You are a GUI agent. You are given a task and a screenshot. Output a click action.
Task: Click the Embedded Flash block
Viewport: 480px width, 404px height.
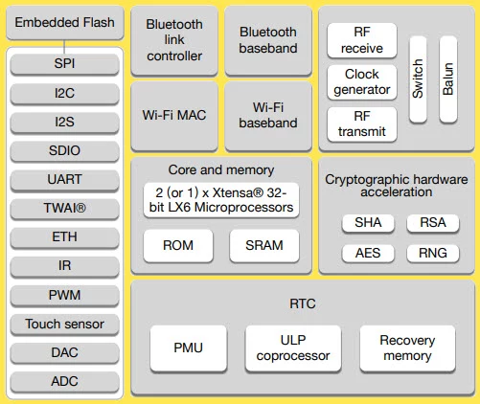tap(65, 23)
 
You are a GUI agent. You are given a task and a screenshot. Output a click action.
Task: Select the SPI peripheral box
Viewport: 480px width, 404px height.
tap(65, 63)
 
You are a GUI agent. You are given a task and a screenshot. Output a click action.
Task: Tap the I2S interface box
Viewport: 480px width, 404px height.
tap(65, 122)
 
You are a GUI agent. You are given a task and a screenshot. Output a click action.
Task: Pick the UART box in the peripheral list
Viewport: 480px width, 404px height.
tap(65, 179)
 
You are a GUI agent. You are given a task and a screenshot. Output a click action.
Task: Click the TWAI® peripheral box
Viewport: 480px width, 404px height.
tap(65, 208)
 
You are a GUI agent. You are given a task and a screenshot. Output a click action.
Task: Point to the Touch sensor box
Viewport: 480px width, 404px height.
tap(65, 324)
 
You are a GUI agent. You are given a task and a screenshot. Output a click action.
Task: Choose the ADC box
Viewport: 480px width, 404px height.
tap(65, 381)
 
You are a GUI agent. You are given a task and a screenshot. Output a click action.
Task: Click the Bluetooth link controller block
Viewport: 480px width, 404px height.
tap(174, 40)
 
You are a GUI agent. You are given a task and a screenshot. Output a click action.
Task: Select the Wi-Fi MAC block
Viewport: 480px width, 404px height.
tap(174, 116)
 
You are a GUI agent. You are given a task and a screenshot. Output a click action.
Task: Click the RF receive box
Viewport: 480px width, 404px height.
tap(361, 40)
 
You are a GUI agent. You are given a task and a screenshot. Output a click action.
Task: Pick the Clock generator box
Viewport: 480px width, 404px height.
tap(361, 82)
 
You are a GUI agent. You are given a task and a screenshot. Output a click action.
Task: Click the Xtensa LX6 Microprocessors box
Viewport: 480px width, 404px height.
tap(220, 199)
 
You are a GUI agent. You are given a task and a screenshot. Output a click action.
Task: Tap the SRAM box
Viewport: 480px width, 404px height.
tap(263, 245)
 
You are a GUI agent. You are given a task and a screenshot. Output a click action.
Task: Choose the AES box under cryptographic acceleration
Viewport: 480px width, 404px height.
tap(367, 253)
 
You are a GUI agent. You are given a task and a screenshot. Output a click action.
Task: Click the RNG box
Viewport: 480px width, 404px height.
tap(432, 253)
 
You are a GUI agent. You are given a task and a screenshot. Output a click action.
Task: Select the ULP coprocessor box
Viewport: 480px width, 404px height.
tap(293, 348)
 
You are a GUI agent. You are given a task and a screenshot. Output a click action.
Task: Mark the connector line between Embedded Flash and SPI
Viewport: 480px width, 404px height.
tap(65, 45)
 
